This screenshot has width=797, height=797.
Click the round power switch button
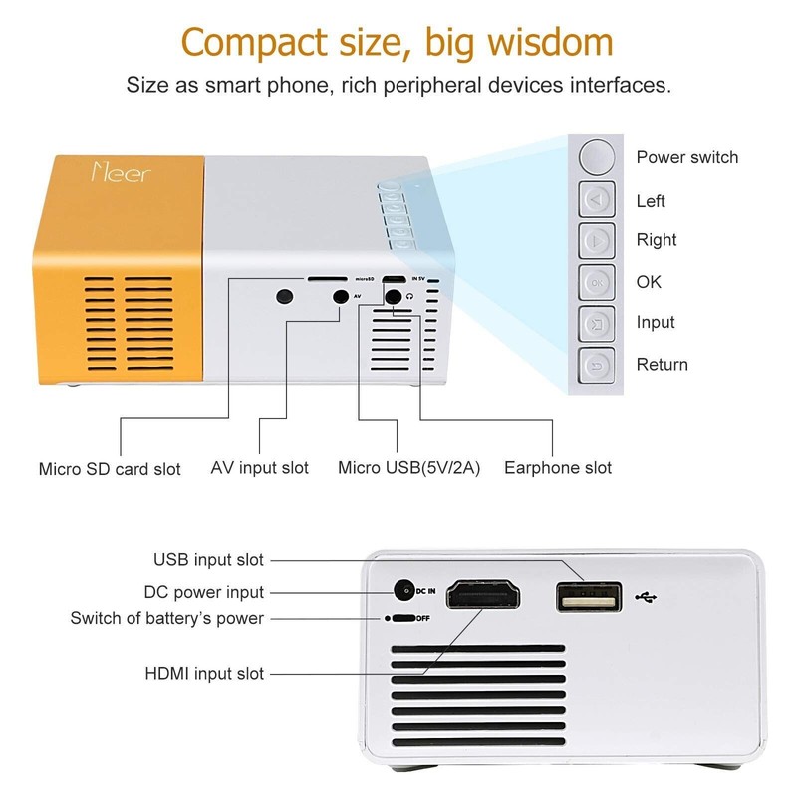(x=597, y=156)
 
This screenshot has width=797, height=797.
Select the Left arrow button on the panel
(x=597, y=200)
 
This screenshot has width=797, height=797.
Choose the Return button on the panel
(x=597, y=365)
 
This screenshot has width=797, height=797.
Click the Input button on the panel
(x=597, y=323)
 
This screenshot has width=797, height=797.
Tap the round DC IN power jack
(x=404, y=591)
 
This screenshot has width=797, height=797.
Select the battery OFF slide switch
(x=401, y=618)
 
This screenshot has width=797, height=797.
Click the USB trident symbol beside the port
(x=645, y=598)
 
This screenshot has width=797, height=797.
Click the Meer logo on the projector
(x=121, y=170)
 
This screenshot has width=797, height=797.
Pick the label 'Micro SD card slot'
(x=110, y=468)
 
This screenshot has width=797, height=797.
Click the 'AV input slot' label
(x=260, y=467)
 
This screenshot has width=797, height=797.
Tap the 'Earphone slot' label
(x=558, y=467)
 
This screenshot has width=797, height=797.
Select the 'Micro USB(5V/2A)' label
(x=409, y=467)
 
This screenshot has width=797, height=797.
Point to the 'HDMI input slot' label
(x=204, y=674)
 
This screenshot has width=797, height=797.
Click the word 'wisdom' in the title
(x=536, y=43)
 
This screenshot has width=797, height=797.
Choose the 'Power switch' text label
(x=687, y=157)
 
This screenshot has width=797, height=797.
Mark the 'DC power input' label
(x=204, y=592)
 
